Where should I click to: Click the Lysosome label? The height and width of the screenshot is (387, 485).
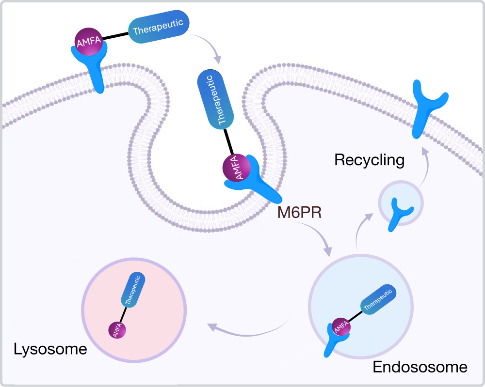pos(50,349)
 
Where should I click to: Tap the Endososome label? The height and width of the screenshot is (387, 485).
pos(420,367)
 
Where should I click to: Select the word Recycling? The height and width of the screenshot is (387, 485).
pos(370,160)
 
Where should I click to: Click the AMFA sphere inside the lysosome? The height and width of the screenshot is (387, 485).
pos(117,330)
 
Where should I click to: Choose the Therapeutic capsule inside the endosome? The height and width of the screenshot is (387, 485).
pos(379,298)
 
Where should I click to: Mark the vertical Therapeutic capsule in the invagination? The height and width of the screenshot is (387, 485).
pos(216,99)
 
